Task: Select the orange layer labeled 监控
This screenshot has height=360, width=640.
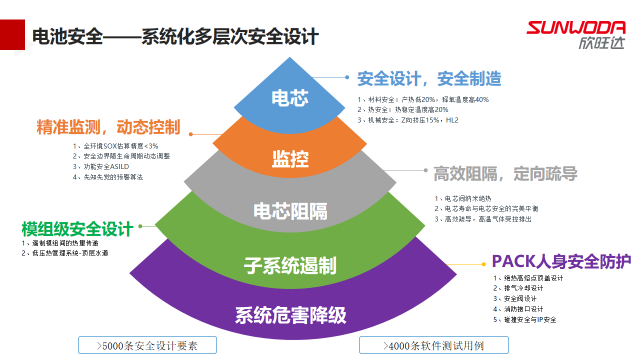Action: point(290,157)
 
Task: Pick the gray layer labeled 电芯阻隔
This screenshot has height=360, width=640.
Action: point(290,210)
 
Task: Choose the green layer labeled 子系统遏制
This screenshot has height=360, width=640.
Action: point(290,266)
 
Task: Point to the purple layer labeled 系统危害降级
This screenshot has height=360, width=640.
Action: point(290,316)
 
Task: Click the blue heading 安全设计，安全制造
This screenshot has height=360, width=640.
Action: point(429,78)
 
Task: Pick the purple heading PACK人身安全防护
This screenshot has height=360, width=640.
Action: point(561,262)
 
